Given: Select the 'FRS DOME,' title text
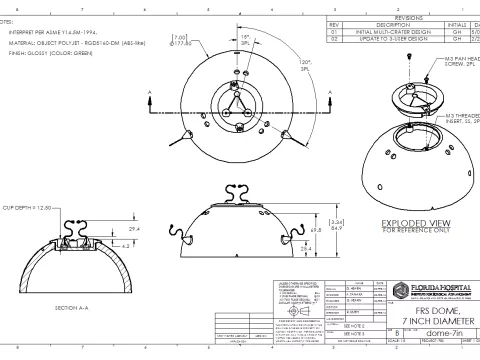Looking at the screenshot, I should click(x=431, y=308).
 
